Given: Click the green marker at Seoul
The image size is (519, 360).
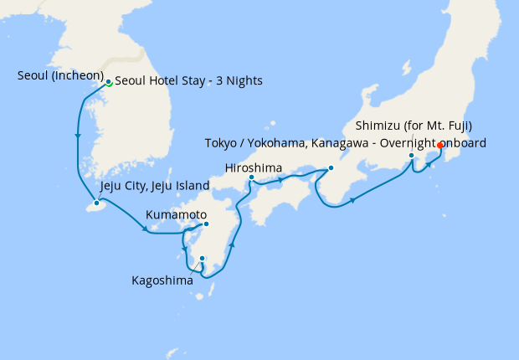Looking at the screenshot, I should pos(109,82).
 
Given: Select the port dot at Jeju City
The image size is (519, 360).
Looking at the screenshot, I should pos(97,203).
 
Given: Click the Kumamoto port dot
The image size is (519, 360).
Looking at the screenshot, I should pos(206,224).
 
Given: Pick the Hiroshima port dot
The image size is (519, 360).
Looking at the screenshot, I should pos(251,177).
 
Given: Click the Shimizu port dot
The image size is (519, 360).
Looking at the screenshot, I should pos(412,156).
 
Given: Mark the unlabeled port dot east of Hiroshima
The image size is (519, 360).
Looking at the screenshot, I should pos(330,168).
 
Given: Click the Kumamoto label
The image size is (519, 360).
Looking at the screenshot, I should pos(173,215).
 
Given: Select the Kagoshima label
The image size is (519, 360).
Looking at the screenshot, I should pos(162,280).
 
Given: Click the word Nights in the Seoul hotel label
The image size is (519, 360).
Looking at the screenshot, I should pos(243,81).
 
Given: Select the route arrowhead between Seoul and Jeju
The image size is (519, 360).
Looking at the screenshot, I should pos(78,136).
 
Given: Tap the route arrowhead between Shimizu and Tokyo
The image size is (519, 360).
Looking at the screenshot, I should pos(428,165).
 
